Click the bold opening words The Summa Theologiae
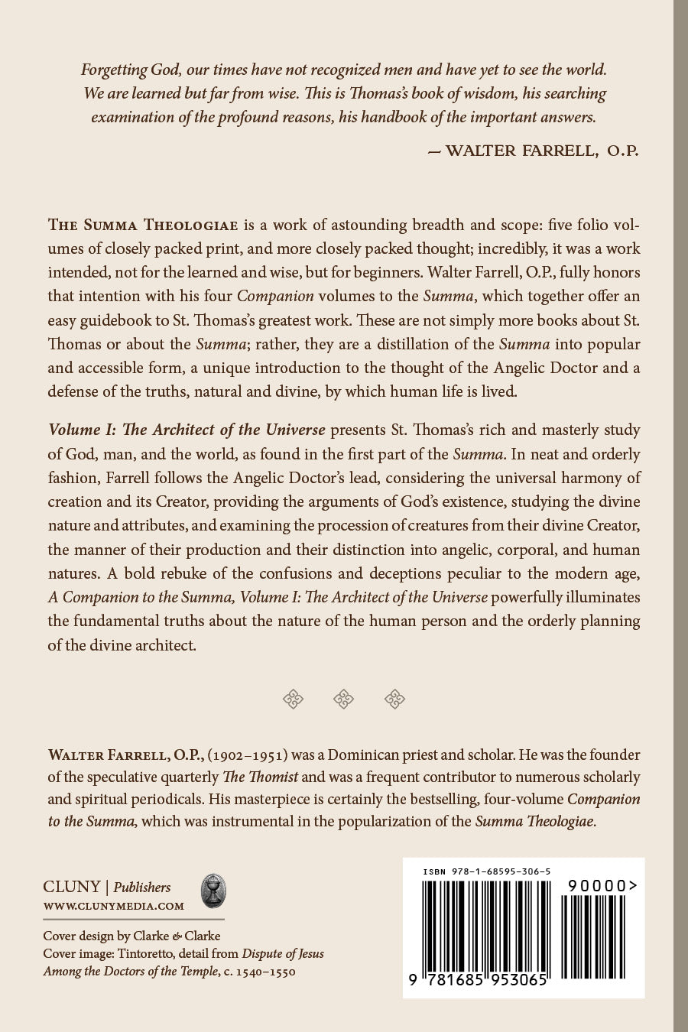[x=144, y=225]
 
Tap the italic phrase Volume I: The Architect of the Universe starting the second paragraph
[x=187, y=430]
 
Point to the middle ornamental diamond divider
[x=344, y=698]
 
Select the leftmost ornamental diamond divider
[x=294, y=698]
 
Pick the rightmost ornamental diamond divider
[x=394, y=698]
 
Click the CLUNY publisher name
[x=72, y=887]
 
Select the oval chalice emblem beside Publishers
[x=213, y=891]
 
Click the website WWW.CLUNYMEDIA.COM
[x=114, y=907]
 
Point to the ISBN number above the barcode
[x=487, y=871]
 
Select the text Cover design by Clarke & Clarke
[x=131, y=936]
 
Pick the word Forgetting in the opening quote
[x=114, y=70]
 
